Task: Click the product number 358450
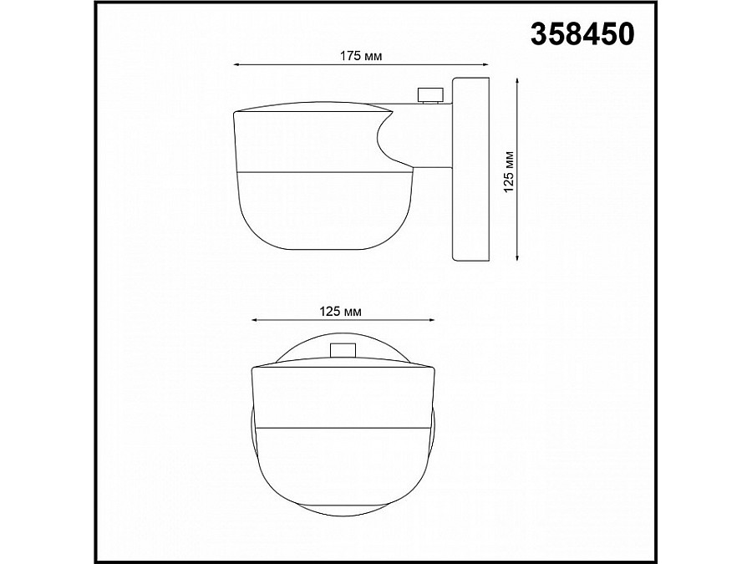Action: coord(582,33)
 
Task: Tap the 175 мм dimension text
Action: coord(361,55)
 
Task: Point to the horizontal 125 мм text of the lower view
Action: coord(341,311)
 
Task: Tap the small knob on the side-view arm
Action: coord(430,94)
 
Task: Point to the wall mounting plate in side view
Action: coord(470,170)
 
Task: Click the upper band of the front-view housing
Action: coord(343,397)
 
